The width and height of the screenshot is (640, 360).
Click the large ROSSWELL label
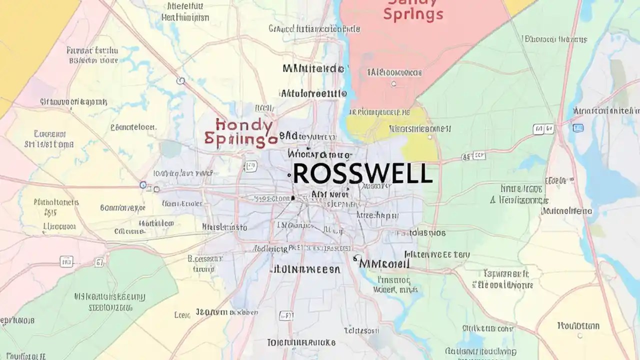point(362,174)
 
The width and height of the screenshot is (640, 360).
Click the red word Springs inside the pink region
point(413,14)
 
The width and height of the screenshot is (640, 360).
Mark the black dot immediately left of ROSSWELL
point(289,175)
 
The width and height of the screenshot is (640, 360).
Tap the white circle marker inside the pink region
point(394,84)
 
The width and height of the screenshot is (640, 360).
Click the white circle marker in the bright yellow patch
point(429,136)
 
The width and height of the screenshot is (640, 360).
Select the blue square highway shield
point(578,128)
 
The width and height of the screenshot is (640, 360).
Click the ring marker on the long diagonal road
point(180,80)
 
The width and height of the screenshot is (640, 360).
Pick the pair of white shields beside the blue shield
point(543,129)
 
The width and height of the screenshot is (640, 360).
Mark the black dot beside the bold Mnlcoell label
point(355,259)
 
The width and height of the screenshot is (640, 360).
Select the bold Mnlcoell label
point(384,263)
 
